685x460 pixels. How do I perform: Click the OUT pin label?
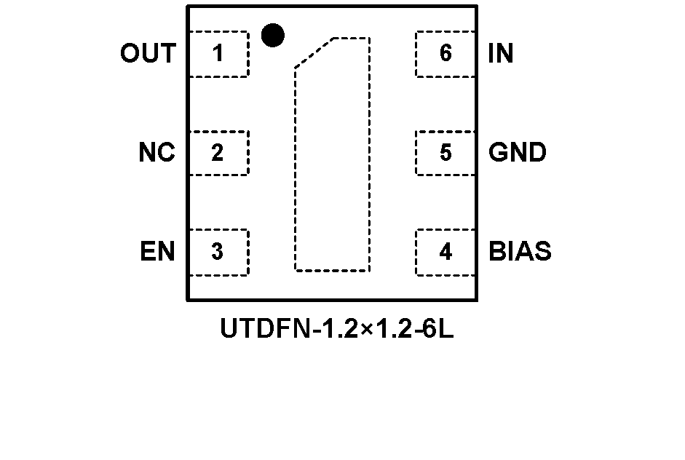click(x=148, y=54)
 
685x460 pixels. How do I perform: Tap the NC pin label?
click(x=157, y=153)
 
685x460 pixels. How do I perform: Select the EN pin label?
click(x=157, y=252)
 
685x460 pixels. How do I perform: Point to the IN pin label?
click(x=500, y=54)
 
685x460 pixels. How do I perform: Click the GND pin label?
click(x=518, y=153)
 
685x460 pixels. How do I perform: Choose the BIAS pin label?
click(x=520, y=252)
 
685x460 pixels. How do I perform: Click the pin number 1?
click(x=218, y=54)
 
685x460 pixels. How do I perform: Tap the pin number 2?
click(x=218, y=153)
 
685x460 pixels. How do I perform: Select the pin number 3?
click(x=218, y=252)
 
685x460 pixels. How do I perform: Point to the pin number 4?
click(x=446, y=252)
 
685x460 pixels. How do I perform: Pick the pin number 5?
click(x=446, y=153)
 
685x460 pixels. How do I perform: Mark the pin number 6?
click(x=446, y=54)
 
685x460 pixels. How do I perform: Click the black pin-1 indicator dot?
click(x=272, y=35)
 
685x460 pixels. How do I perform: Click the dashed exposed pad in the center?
click(x=333, y=167)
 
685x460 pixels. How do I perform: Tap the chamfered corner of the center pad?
click(x=314, y=53)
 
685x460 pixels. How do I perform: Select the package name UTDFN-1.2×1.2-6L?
click(x=337, y=330)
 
